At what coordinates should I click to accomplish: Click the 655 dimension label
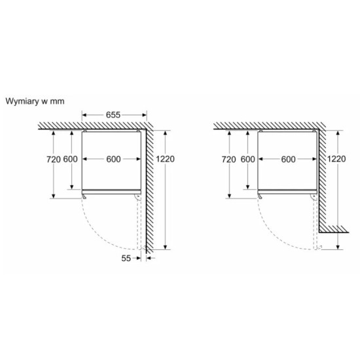point(113,115)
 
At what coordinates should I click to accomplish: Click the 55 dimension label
point(126,259)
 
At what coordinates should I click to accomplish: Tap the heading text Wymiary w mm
point(35,101)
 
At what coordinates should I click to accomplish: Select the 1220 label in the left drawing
point(166,159)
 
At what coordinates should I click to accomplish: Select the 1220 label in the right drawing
point(336,159)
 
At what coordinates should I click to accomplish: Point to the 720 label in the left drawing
point(54,159)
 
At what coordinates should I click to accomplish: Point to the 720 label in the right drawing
point(228,159)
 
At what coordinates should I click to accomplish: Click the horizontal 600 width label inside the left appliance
point(113,159)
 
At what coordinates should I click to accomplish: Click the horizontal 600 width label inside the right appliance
point(289,159)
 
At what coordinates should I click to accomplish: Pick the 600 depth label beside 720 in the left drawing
point(70,159)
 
